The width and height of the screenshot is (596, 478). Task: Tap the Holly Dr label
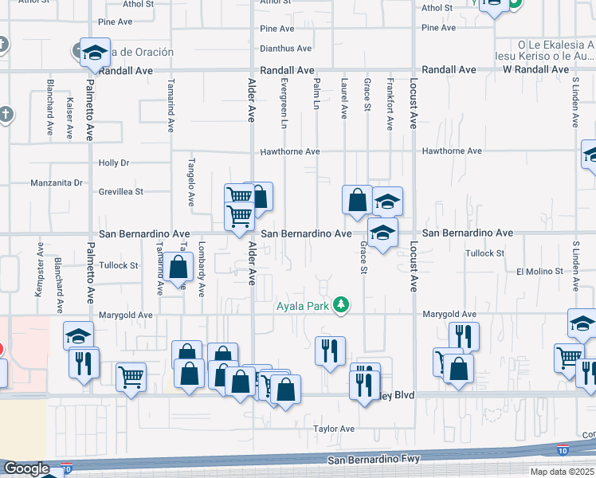coord(114,163)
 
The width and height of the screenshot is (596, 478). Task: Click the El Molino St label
coord(539,272)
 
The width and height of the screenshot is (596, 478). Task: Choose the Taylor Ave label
coord(334,429)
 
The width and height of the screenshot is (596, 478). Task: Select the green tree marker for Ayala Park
coord(341,304)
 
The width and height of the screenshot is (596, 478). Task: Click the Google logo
coord(26,469)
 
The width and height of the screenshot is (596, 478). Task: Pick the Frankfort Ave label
coord(390,104)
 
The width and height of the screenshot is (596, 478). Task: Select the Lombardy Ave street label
coord(202,266)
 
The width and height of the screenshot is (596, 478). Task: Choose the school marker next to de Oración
coord(95,53)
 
